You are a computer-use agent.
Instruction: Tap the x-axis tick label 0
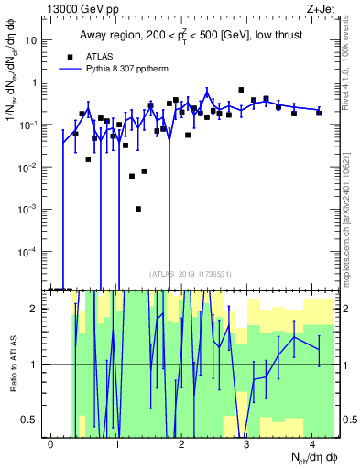pyautogui.click(x=51, y=443)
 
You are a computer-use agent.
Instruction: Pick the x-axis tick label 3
pyautogui.click(x=247, y=443)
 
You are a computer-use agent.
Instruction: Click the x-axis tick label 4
pyautogui.click(x=312, y=443)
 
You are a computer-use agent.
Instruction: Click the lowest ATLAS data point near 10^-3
pyautogui.click(x=137, y=209)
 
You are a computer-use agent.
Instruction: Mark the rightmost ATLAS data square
pyautogui.click(x=319, y=113)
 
